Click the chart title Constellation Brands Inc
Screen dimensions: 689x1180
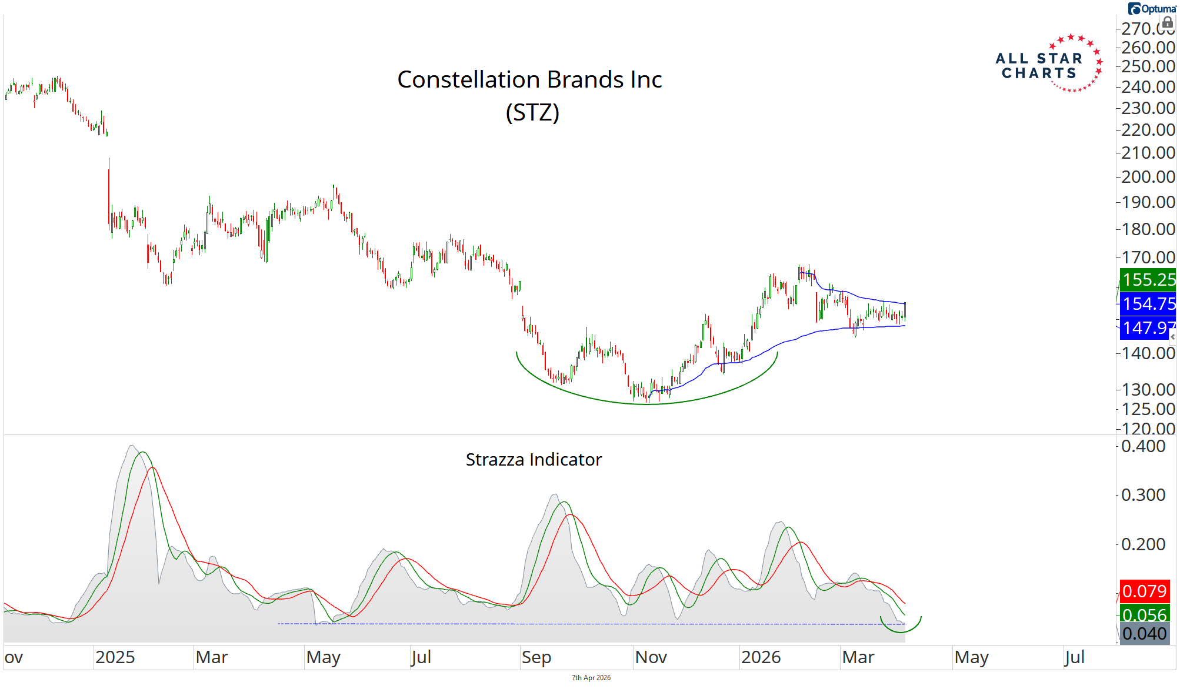click(529, 80)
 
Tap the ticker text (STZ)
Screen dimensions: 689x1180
click(532, 112)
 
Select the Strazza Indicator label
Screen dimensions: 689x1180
click(534, 460)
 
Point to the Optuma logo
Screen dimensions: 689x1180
click(1151, 9)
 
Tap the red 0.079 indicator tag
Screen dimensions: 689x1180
click(1144, 591)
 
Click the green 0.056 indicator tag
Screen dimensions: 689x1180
click(1144, 614)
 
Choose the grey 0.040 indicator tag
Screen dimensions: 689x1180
click(1144, 634)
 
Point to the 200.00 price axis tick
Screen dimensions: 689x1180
click(1148, 177)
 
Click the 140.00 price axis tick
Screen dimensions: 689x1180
click(1148, 353)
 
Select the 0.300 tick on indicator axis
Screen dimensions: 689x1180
click(1143, 495)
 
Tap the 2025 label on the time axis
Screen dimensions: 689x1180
click(115, 657)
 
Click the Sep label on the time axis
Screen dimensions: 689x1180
click(536, 657)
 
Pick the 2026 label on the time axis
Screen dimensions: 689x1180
click(761, 657)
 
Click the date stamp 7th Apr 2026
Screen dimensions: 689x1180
click(591, 678)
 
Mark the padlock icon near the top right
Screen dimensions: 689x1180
click(1168, 23)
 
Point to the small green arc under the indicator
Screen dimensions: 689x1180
click(901, 628)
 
